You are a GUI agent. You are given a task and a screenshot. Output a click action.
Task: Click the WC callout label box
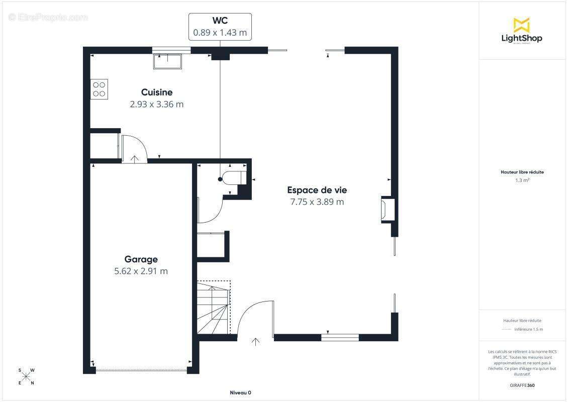click(x=220, y=27)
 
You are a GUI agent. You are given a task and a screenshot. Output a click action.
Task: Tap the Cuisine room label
click(x=156, y=92)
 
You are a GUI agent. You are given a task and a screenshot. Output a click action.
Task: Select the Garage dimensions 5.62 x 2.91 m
click(x=141, y=271)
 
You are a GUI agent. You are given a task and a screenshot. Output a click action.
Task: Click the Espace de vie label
click(x=317, y=190)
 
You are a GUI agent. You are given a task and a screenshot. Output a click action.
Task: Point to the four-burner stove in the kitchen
click(x=99, y=89)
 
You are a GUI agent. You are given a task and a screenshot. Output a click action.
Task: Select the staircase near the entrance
click(x=214, y=308)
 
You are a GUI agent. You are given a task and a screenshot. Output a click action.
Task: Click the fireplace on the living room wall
click(x=387, y=208)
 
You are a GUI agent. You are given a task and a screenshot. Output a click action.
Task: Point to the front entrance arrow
click(x=255, y=342)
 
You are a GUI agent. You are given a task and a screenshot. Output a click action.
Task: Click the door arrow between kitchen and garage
click(x=135, y=159)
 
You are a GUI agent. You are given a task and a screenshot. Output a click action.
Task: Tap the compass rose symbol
click(x=27, y=377)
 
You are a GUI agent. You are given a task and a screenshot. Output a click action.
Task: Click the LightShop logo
click(x=522, y=31)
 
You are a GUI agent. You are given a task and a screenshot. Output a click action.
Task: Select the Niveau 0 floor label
click(x=240, y=392)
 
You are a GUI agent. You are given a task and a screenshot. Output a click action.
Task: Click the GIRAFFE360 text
click(x=522, y=385)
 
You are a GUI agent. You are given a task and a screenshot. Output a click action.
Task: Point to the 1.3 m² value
click(x=522, y=180)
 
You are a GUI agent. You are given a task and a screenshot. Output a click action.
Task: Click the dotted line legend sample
click(x=506, y=330)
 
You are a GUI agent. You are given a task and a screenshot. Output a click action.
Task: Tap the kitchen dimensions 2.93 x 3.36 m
click(x=156, y=105)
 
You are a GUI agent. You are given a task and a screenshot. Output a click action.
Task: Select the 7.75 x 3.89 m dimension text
click(x=317, y=202)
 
